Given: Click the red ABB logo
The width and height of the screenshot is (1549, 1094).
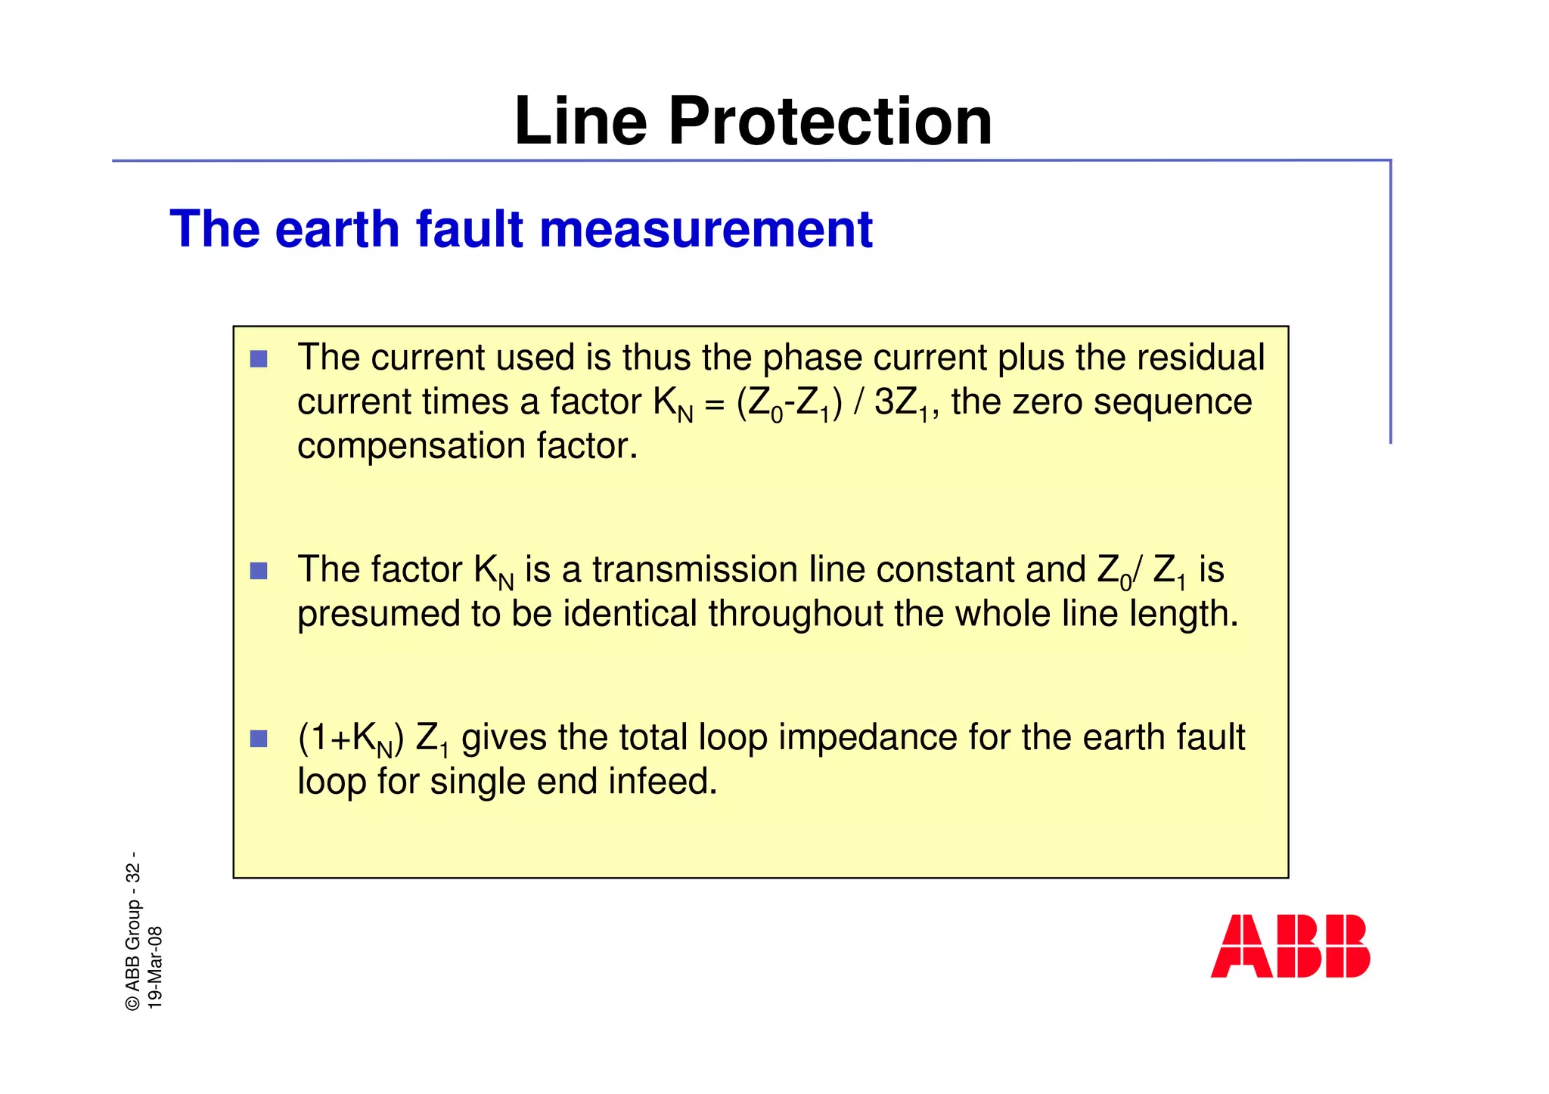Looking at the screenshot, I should click(1290, 946).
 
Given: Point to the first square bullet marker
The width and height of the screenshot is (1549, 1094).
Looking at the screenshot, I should click(259, 358).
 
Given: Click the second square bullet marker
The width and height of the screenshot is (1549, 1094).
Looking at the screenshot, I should click(259, 571).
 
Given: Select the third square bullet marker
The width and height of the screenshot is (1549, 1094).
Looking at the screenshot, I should click(259, 739).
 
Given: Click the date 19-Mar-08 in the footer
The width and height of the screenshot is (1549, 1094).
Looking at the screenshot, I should click(155, 967).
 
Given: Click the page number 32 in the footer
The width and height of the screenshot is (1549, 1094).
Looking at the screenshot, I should click(133, 872).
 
